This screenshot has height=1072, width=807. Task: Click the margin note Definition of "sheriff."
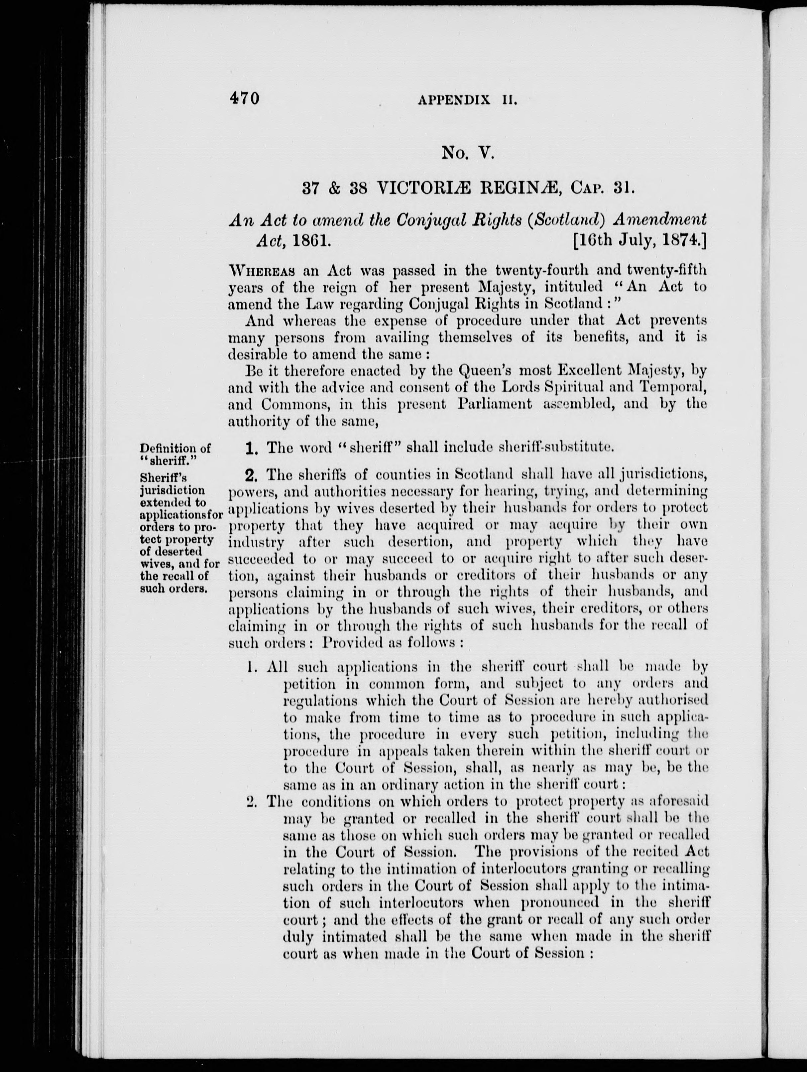175,454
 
